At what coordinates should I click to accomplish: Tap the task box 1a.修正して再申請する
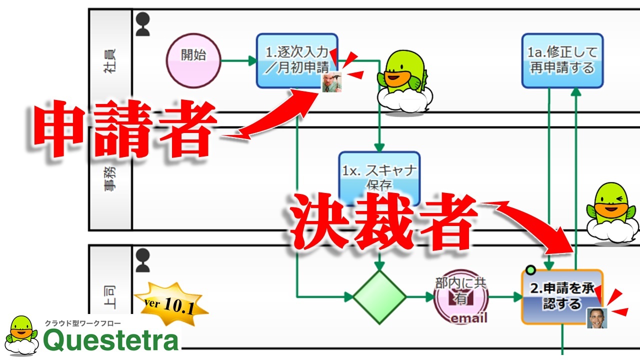coord(562,60)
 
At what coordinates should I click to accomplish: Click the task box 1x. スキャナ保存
coord(379,176)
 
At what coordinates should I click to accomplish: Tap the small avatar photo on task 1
coord(331,82)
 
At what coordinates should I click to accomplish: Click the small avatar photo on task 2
coord(596,317)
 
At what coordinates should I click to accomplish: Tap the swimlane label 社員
coord(109,61)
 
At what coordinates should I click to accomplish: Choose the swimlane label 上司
coord(109,297)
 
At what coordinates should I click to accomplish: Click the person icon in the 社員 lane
coord(143,24)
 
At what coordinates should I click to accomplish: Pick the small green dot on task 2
coord(530,270)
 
